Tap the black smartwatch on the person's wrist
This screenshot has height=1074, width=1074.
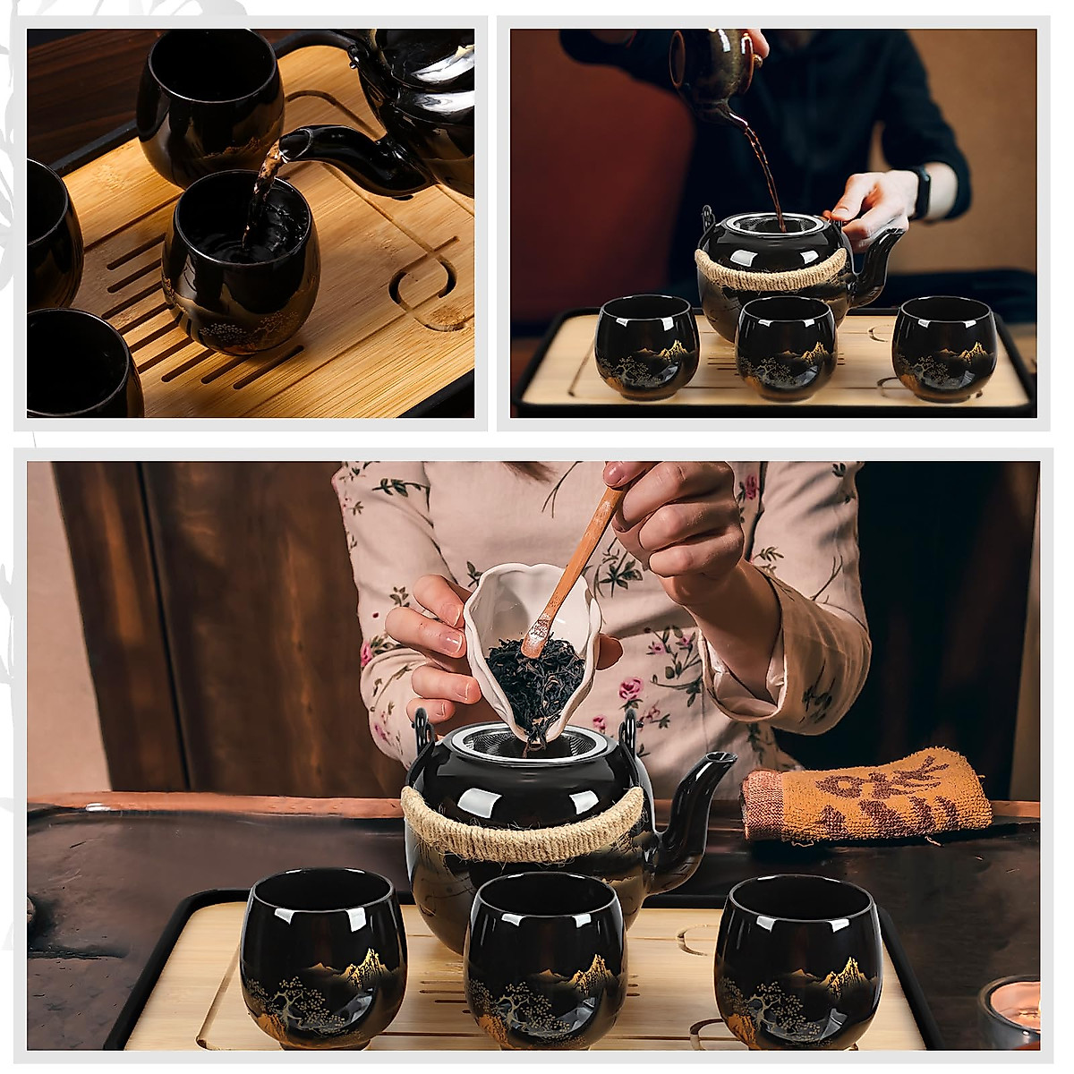[x=921, y=192]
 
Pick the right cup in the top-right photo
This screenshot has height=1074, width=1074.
[x=944, y=347]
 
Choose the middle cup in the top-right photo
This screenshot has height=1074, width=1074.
[x=786, y=349]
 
